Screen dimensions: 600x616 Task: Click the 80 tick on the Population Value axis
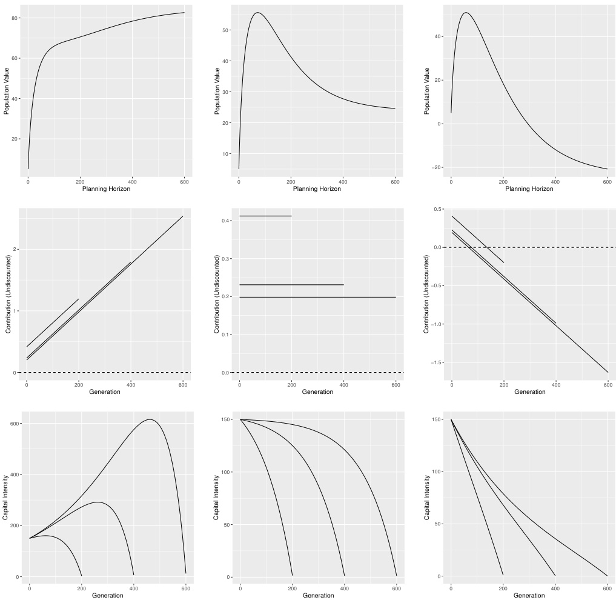(16, 18)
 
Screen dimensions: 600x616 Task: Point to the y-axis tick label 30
(226, 92)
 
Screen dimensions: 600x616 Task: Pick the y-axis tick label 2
(16, 250)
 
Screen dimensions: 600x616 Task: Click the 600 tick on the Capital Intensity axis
(13, 424)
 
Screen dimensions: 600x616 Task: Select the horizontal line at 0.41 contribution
(265, 216)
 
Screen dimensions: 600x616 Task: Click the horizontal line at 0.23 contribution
(291, 285)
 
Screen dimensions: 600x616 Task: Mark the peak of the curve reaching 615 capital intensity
(150, 419)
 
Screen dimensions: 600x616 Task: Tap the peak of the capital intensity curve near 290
(97, 502)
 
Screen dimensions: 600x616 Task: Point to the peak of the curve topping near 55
(257, 13)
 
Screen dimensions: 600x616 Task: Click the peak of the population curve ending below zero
(465, 13)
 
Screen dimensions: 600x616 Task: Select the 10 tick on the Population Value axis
(226, 154)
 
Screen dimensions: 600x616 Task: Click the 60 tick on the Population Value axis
(16, 59)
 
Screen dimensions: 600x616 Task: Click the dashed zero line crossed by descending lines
(545, 247)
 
